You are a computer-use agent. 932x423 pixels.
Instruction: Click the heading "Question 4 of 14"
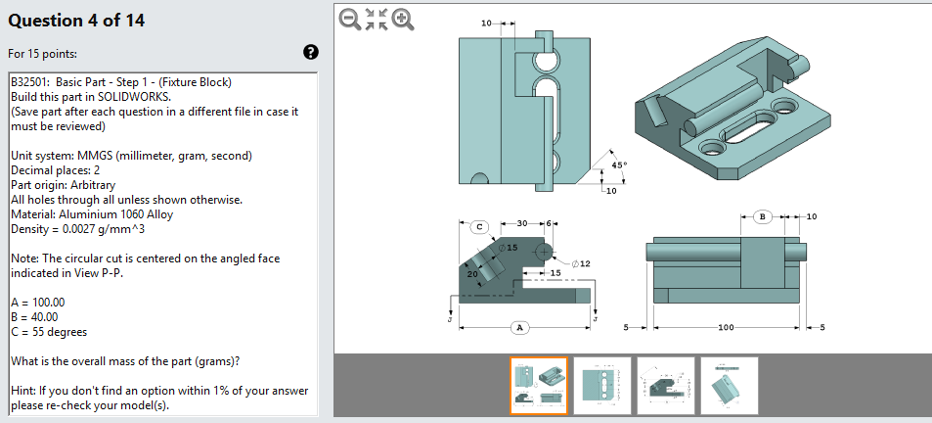click(x=76, y=20)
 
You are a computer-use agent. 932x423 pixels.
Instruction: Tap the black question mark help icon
click(x=311, y=52)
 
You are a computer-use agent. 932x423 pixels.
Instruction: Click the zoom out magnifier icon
click(x=348, y=19)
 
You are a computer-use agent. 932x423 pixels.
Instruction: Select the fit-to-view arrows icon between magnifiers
click(x=376, y=19)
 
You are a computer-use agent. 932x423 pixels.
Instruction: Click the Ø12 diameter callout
click(x=580, y=263)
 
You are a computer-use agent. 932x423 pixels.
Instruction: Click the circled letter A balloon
click(x=520, y=327)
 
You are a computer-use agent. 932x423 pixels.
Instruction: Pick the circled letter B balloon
click(x=765, y=215)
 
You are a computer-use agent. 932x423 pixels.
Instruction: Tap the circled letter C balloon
click(x=479, y=226)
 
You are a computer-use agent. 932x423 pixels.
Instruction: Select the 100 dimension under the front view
click(x=725, y=326)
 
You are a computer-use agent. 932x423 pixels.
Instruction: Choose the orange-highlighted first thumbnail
click(x=539, y=386)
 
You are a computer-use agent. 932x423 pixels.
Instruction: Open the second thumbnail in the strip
click(x=601, y=386)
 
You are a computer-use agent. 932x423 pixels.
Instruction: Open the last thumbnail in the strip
click(x=729, y=386)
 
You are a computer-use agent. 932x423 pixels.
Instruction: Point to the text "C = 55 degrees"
click(x=49, y=332)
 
